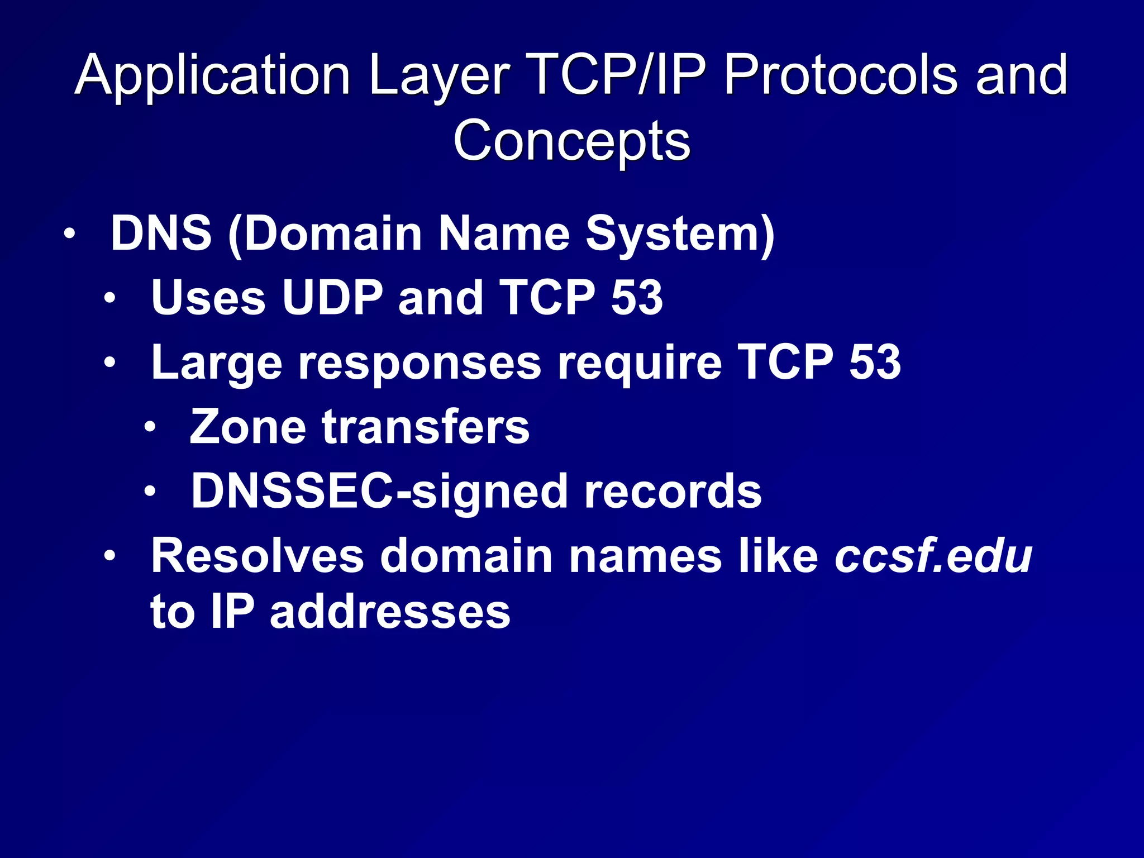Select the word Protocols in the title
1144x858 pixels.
(840, 75)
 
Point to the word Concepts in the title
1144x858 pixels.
(571, 141)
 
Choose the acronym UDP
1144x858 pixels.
(332, 297)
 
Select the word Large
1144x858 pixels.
(217, 364)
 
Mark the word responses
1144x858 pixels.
(420, 364)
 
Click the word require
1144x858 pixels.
(640, 363)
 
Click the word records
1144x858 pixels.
(673, 492)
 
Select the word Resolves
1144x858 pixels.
(258, 556)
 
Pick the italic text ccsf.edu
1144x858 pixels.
(933, 556)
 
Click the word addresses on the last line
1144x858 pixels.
(390, 612)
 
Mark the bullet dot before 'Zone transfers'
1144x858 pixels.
(150, 428)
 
